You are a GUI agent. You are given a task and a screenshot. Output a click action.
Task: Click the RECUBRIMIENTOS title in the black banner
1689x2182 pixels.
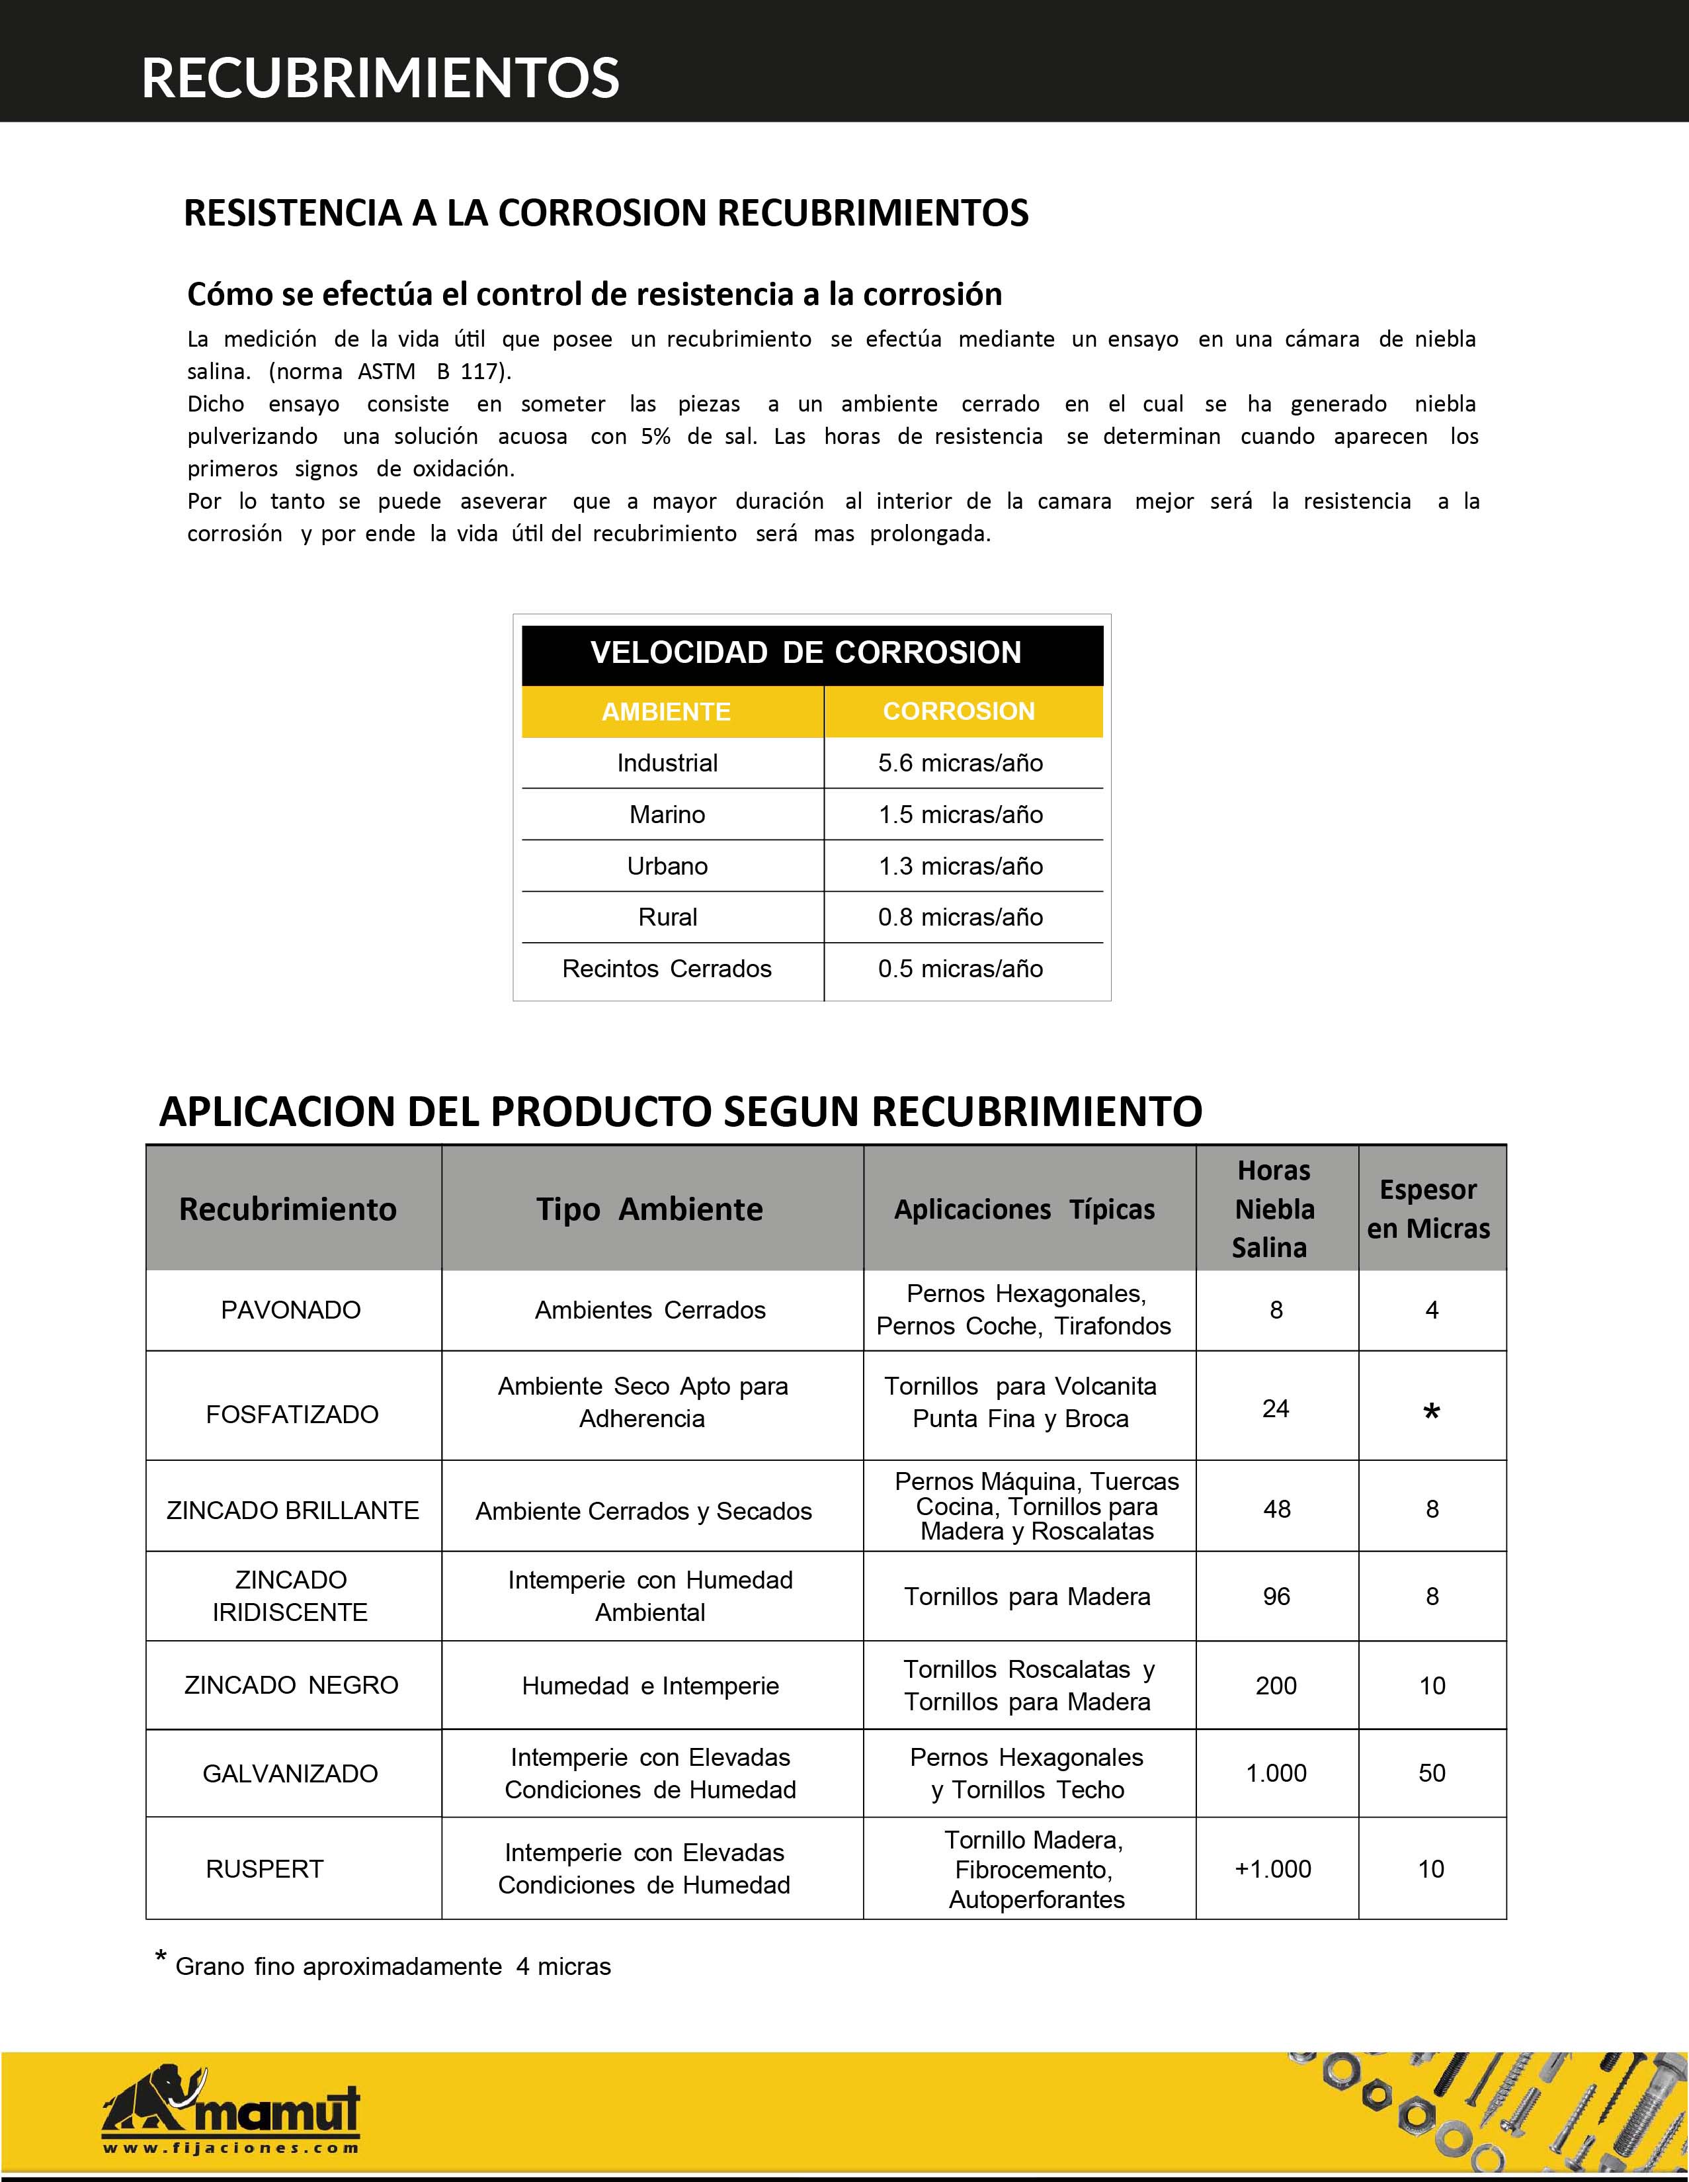tap(380, 78)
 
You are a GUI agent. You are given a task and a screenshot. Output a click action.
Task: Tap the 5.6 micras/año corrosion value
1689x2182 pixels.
tap(960, 764)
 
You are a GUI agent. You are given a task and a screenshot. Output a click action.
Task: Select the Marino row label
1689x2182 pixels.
tap(667, 814)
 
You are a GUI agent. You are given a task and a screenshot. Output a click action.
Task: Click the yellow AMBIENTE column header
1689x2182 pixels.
tap(666, 711)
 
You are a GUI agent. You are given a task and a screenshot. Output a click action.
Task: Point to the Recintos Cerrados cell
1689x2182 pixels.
tap(667, 968)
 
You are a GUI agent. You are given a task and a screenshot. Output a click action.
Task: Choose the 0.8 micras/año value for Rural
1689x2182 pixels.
tap(960, 917)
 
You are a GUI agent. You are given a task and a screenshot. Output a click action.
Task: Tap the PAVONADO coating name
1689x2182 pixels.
tap(291, 1310)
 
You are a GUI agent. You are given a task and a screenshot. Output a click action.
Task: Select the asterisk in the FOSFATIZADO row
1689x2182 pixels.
tap(1431, 1412)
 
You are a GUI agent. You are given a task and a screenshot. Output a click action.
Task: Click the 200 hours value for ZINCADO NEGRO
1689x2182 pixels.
tap(1276, 1685)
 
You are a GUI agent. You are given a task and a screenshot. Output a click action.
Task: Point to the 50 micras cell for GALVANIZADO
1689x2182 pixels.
tap(1431, 1772)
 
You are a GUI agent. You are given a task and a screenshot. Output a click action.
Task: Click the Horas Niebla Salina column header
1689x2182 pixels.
tap(1274, 1209)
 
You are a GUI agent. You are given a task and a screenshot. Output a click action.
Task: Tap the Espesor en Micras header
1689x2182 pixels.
tap(1429, 1209)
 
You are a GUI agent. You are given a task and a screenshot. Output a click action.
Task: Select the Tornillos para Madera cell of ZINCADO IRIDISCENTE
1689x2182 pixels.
tap(1027, 1596)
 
